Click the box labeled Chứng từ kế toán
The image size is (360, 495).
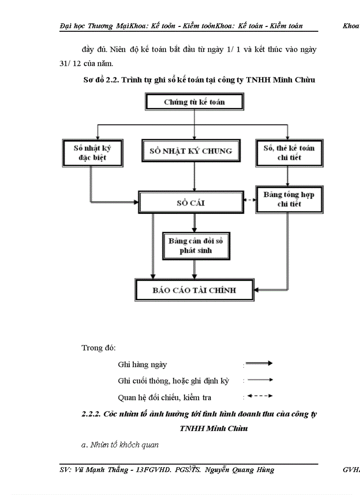(194, 102)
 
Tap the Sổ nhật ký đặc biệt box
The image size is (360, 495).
(92, 153)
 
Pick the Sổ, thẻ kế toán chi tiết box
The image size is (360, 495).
(289, 153)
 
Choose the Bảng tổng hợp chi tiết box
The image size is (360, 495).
(289, 199)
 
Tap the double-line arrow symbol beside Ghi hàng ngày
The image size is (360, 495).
(259, 364)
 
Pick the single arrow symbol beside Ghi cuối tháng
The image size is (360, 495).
(259, 380)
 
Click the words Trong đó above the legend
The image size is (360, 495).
(98, 348)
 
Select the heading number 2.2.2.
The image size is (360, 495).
(92, 414)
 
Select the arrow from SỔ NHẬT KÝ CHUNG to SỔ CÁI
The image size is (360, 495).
(194, 176)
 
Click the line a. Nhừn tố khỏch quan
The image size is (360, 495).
(120, 445)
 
